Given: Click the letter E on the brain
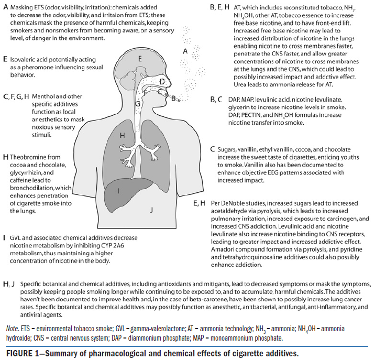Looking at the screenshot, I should pyautogui.click(x=140, y=59).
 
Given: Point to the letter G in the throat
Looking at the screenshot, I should pyautogui.click(x=137, y=103).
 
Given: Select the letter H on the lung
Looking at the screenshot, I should pyautogui.click(x=122, y=135).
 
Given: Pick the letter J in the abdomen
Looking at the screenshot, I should pyautogui.click(x=151, y=210).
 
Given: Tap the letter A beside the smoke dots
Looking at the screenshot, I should pyautogui.click(x=184, y=51).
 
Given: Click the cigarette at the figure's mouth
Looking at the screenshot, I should pyautogui.click(x=177, y=97).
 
